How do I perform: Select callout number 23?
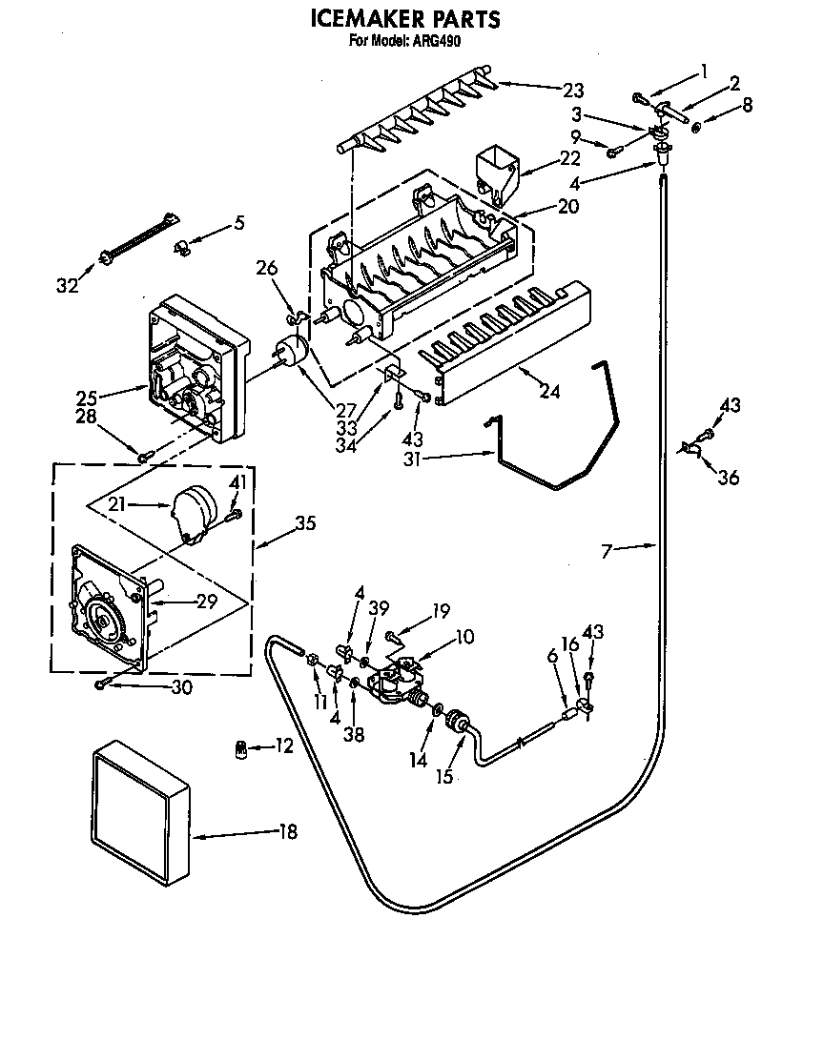tap(572, 91)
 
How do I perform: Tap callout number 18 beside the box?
tap(287, 831)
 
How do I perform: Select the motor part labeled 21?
tap(194, 511)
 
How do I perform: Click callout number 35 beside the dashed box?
tap(304, 523)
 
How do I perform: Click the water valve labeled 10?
tap(399, 682)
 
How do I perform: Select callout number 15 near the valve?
tap(443, 776)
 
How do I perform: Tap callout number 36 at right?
tap(728, 478)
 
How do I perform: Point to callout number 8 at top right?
tap(747, 105)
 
